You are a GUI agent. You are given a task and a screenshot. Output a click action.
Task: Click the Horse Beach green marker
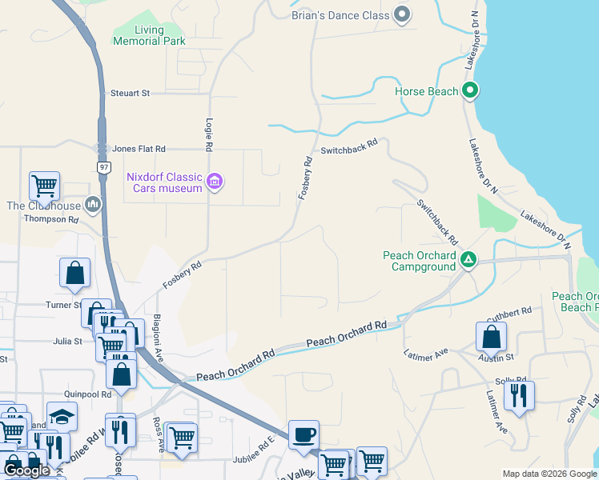click(x=471, y=91)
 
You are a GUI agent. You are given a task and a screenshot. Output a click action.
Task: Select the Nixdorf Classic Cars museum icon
click(x=214, y=182)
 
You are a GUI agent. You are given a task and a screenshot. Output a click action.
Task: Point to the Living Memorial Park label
click(x=149, y=35)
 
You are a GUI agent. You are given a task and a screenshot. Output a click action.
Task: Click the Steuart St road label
click(x=131, y=94)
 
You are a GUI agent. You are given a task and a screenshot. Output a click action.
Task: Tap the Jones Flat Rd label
click(x=139, y=149)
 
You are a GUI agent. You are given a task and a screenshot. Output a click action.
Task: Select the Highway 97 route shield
click(x=104, y=167)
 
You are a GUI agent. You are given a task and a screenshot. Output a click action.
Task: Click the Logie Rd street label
click(x=208, y=134)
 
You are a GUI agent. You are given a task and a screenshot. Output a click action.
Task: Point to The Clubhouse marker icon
click(x=94, y=206)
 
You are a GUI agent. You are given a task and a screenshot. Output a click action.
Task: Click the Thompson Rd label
click(x=53, y=218)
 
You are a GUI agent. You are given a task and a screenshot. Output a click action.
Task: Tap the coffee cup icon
click(x=304, y=435)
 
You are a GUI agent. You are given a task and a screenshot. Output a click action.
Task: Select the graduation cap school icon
click(x=62, y=418)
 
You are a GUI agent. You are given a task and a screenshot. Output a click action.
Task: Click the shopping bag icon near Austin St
click(x=491, y=337)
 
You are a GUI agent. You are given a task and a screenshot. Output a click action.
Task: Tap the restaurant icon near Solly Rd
click(x=519, y=396)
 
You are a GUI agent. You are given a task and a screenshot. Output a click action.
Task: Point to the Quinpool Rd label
click(x=88, y=394)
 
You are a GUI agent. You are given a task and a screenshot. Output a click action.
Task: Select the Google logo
click(x=27, y=470)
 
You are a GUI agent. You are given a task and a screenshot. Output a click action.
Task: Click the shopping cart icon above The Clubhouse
click(x=44, y=186)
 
